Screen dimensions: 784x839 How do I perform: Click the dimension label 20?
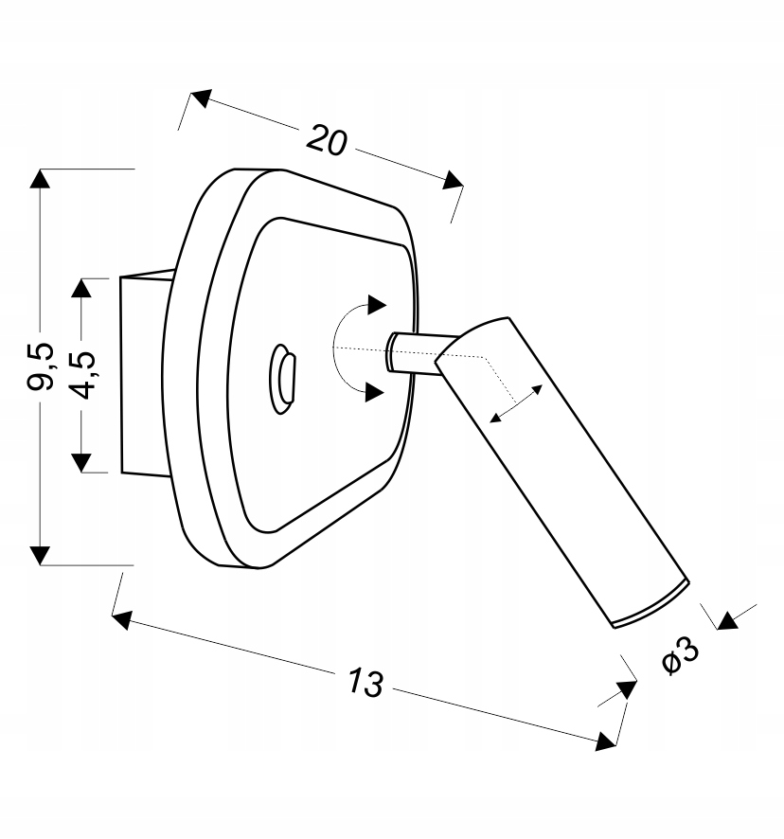[327, 140]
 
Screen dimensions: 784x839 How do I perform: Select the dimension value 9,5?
[41, 366]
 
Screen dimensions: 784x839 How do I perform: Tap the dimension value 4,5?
[83, 375]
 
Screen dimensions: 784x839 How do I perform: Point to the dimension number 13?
[366, 682]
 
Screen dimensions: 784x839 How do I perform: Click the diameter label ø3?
[680, 655]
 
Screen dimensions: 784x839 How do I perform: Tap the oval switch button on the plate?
[282, 378]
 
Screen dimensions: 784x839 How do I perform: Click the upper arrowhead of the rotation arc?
[376, 305]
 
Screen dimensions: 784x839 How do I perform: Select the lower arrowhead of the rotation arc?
[375, 392]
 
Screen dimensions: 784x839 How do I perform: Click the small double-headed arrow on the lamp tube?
[516, 403]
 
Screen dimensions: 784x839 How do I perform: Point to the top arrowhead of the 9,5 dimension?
[40, 178]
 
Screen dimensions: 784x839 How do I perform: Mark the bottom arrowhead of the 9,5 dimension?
[40, 556]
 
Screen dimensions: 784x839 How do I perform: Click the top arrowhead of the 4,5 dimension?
[80, 288]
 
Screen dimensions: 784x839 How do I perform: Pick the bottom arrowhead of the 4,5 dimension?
[80, 462]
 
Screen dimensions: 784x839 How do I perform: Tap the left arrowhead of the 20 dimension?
[201, 98]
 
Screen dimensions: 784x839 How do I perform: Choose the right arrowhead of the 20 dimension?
[454, 180]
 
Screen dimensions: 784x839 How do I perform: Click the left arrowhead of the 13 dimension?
[121, 619]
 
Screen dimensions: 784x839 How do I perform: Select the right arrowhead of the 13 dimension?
[607, 741]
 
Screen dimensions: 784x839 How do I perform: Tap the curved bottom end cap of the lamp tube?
[650, 606]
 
